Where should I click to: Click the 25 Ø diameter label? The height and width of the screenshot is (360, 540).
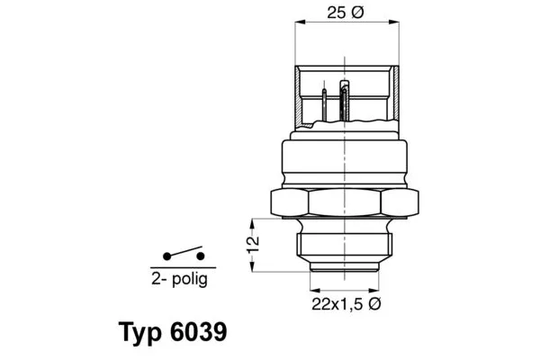coord(344,14)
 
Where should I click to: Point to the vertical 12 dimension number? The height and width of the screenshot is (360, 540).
coord(254,243)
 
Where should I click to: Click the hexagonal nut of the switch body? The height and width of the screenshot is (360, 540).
coord(346,203)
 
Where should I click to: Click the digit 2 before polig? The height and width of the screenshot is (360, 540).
coord(155,280)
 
